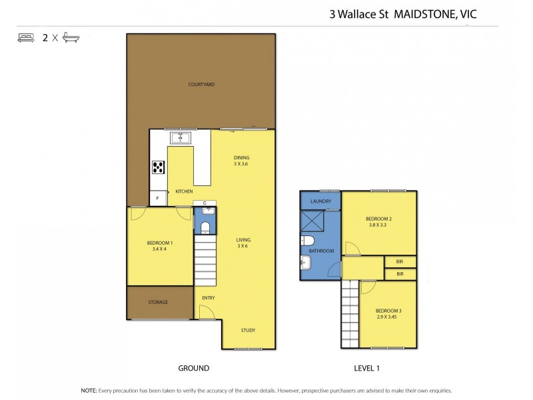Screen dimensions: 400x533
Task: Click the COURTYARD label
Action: click(x=201, y=85)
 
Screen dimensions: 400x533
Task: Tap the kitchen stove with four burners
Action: click(x=159, y=167)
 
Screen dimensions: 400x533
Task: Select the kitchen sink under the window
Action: click(x=181, y=138)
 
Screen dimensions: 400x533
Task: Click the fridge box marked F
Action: click(x=158, y=198)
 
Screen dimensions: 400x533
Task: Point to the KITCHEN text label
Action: click(x=184, y=192)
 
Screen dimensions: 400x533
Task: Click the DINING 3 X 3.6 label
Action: click(x=241, y=161)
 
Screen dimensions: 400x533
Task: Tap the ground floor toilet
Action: click(x=205, y=227)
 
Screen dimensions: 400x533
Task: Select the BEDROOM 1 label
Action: click(x=160, y=246)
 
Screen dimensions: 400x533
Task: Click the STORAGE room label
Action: click(x=158, y=302)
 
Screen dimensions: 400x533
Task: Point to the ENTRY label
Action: click(x=208, y=298)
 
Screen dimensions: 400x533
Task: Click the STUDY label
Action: click(x=248, y=331)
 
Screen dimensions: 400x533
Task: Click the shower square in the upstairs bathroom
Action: click(x=312, y=221)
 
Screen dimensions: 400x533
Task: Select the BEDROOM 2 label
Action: click(x=378, y=222)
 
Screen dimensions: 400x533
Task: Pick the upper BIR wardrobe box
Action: click(x=400, y=262)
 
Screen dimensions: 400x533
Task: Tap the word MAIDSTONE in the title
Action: click(x=418, y=12)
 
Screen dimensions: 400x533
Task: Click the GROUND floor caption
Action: click(x=193, y=368)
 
